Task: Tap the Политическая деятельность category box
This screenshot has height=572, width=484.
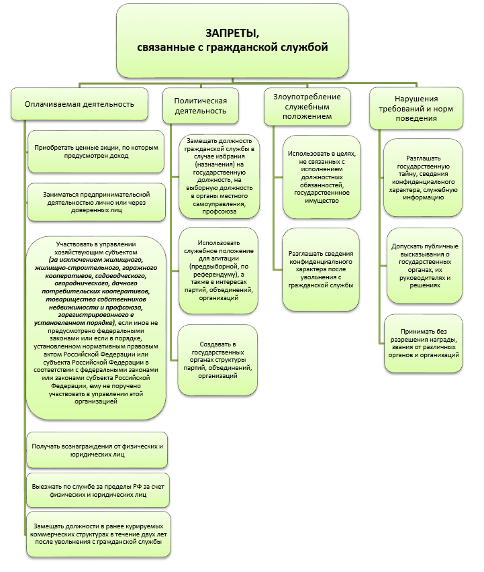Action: pyautogui.click(x=201, y=105)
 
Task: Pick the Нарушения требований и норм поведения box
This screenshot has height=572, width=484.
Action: pyautogui.click(x=417, y=107)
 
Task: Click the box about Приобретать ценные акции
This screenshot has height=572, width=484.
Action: pyautogui.click(x=97, y=151)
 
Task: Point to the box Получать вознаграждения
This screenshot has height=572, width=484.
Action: pyautogui.click(x=97, y=450)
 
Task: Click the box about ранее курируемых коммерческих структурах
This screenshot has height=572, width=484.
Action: pyautogui.click(x=97, y=537)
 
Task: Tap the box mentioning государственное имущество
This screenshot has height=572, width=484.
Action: pyautogui.click(x=322, y=177)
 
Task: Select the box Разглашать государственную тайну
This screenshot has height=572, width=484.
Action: pyautogui.click(x=423, y=178)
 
